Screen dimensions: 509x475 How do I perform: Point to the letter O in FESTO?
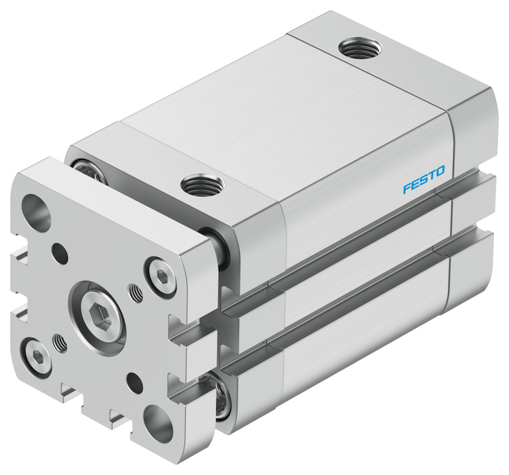440,171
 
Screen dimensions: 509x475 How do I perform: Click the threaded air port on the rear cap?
360,48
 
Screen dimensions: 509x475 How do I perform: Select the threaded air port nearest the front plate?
203,185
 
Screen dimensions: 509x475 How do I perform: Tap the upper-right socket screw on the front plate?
161,277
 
